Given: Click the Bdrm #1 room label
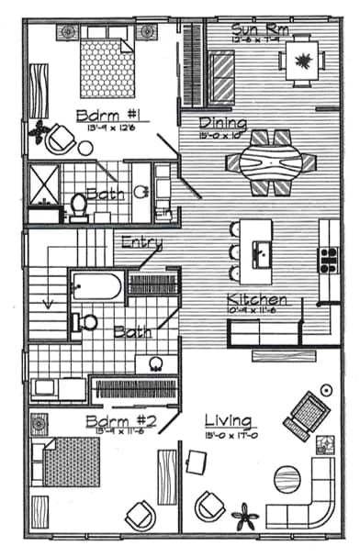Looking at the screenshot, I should tap(94, 117).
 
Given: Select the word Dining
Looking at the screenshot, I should tap(223, 124).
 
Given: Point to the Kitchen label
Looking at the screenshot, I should tap(257, 300).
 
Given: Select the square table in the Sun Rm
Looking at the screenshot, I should tap(300, 62).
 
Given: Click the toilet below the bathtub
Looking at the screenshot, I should tap(85, 322).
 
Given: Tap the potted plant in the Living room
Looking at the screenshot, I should tap(244, 516).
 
